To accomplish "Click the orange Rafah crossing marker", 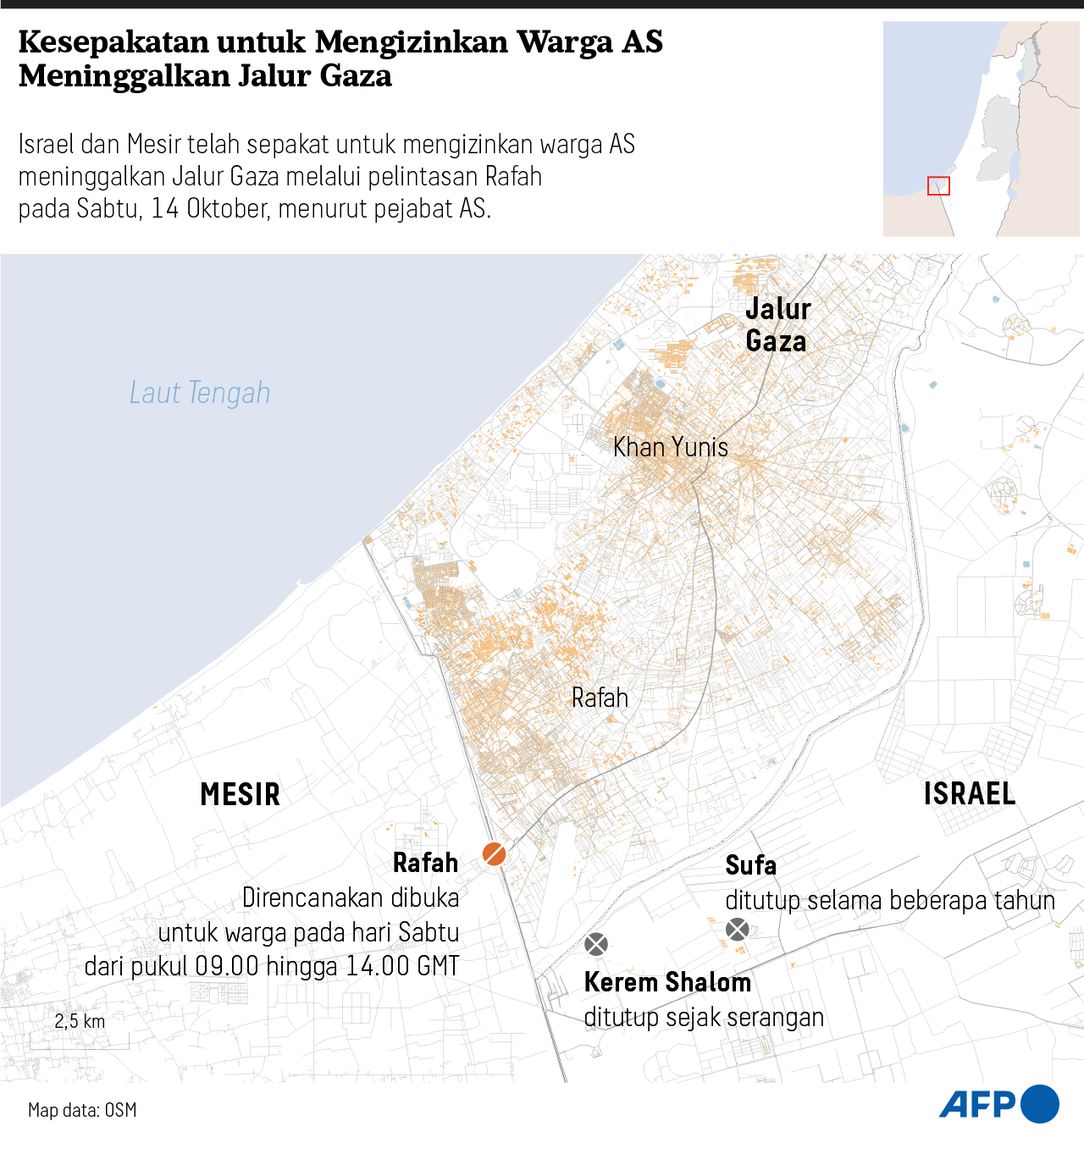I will click(495, 853).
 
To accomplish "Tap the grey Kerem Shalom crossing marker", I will click(596, 944).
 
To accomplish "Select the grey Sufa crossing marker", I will click(738, 930).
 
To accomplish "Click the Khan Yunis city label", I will click(670, 447).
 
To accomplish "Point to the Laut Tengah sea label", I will click(200, 393).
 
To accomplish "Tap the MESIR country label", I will click(240, 794).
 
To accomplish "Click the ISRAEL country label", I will click(969, 793).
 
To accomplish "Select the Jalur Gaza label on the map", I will click(777, 325).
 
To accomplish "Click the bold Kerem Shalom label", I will click(667, 982).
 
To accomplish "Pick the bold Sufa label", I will click(750, 865).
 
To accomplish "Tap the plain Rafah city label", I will click(600, 698).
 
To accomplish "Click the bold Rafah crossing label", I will click(425, 863).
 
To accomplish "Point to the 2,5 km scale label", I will click(80, 1021).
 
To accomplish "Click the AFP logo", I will click(998, 1104).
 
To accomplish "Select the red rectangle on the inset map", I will click(938, 185).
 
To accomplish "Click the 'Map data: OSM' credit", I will click(82, 1110).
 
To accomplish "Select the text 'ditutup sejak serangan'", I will click(704, 1017).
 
